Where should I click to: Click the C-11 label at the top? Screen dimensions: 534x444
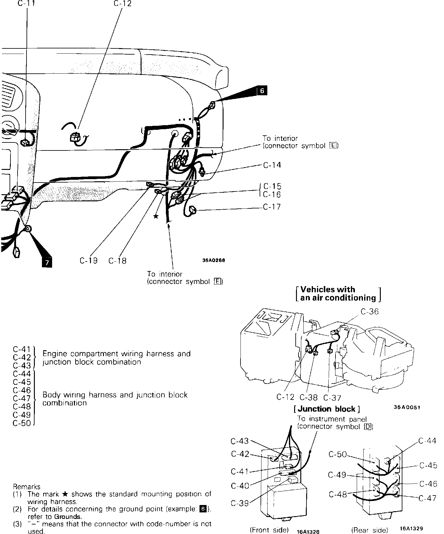point(27,4)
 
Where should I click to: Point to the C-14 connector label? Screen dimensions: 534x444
point(272,165)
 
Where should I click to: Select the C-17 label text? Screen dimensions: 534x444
point(272,207)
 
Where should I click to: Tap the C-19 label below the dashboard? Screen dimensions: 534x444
point(88,261)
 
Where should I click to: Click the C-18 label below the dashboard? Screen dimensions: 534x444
point(117,261)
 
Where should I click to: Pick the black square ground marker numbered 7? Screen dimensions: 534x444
point(47,263)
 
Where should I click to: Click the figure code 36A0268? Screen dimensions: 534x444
point(214,260)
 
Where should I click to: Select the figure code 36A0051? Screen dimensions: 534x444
point(407,407)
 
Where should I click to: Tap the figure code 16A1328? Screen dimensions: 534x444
point(308,531)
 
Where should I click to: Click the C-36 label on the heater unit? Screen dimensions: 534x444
point(369,312)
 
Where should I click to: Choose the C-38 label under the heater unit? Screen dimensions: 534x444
point(309,398)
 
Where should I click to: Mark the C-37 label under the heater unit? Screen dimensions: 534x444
point(332,398)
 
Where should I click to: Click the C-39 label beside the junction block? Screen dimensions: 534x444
point(240,503)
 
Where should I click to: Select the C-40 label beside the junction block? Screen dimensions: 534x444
point(240,486)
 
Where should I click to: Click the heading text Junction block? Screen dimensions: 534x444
point(327,409)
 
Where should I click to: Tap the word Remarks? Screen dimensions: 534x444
point(27,487)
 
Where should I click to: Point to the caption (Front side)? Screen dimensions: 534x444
point(269,530)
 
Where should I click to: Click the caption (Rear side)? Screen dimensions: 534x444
point(370,530)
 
